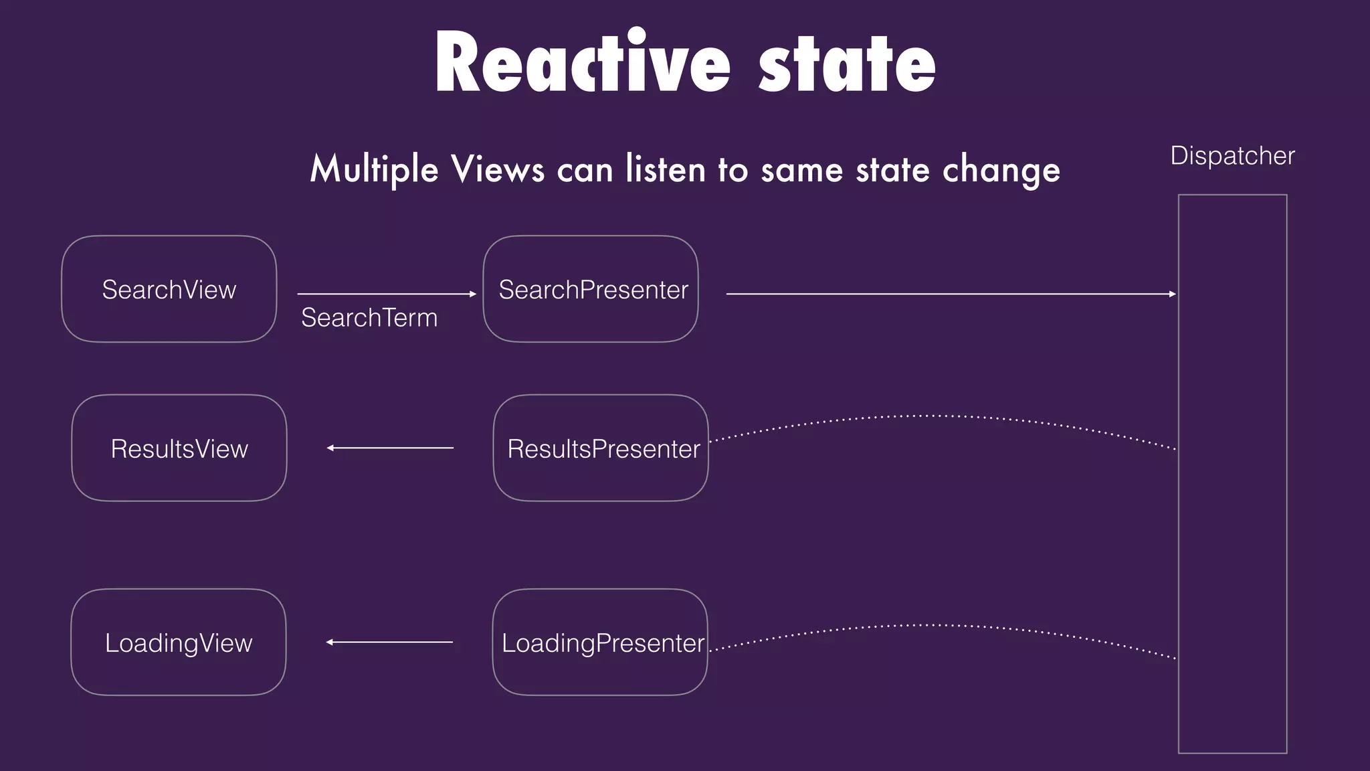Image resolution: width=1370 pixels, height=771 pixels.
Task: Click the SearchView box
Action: click(x=169, y=289)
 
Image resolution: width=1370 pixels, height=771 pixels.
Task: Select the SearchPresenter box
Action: click(x=591, y=289)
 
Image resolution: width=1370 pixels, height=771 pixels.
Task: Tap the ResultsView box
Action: click(x=179, y=448)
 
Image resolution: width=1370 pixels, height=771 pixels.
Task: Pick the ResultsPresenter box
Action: click(x=601, y=448)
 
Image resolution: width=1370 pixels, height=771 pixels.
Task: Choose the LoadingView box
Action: click(x=178, y=642)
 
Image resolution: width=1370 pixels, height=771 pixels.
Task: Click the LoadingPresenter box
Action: click(x=600, y=642)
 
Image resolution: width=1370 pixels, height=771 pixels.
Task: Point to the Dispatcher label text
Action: click(x=1232, y=156)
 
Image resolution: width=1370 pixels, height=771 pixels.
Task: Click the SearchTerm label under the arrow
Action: click(x=369, y=317)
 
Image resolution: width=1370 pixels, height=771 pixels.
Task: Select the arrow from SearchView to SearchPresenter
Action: click(x=387, y=294)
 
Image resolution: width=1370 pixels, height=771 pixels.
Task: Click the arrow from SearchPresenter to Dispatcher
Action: click(x=950, y=294)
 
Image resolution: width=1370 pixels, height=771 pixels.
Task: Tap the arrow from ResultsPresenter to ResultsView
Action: click(x=390, y=448)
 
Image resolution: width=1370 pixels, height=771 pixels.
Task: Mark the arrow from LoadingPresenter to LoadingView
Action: click(x=389, y=642)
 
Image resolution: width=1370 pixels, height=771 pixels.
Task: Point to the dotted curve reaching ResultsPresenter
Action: click(x=937, y=416)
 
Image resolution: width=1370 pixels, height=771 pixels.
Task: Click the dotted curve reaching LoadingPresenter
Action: click(x=937, y=626)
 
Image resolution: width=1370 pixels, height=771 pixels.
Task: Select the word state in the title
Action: click(x=847, y=63)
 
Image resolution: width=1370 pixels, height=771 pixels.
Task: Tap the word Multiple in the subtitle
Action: click(x=374, y=169)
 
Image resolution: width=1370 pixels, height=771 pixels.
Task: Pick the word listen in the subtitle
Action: click(x=666, y=169)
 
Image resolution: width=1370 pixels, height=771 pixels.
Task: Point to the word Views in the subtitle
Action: click(x=498, y=169)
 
